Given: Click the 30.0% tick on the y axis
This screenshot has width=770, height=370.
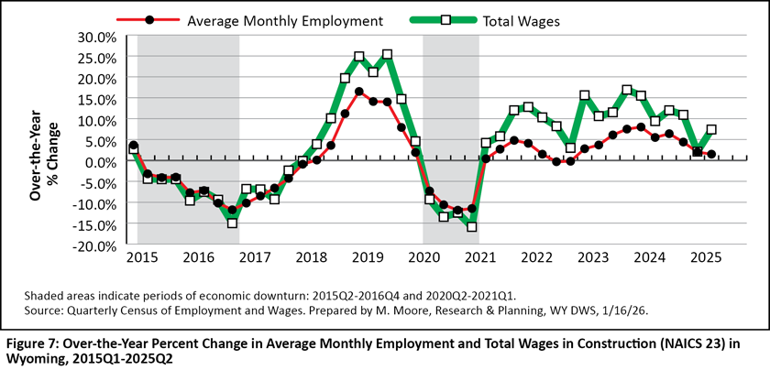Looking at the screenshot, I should coord(97,37).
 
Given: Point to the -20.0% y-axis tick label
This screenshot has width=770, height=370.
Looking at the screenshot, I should coord(95,246).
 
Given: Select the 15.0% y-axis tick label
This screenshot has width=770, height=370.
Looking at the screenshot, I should coord(97,99).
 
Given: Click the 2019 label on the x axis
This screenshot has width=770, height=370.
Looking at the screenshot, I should coord(367,258).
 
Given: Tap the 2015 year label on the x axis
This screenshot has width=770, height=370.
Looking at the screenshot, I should coord(143,258).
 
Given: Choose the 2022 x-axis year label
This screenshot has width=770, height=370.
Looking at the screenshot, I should coord(536,258).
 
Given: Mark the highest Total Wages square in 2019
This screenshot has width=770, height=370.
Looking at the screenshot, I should coord(387,55).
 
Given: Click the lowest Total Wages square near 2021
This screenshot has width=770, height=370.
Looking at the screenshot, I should coord(472,225).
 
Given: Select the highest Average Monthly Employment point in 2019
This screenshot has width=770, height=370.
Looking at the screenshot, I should coord(358,92).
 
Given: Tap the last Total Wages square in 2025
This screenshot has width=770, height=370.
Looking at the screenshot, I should coord(711,130).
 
